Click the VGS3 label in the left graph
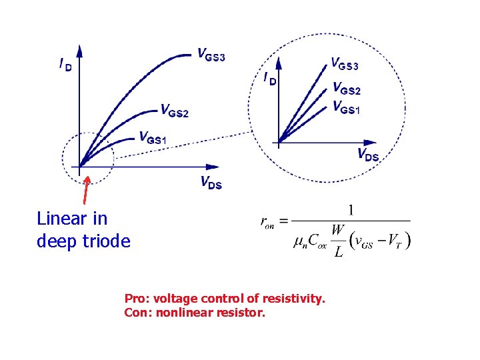pos(211,55)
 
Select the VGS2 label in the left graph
pos(175,111)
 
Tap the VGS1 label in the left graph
pos(153,138)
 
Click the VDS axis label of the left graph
pos(211,182)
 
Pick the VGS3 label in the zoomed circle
pos(345,65)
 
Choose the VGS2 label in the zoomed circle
pos(346,89)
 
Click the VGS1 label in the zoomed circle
pos(345,107)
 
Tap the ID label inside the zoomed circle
pos(270,79)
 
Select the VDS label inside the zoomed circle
pos(368,156)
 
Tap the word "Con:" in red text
pos(138,311)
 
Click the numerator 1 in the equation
pos(351,211)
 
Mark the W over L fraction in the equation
pos(339,241)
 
